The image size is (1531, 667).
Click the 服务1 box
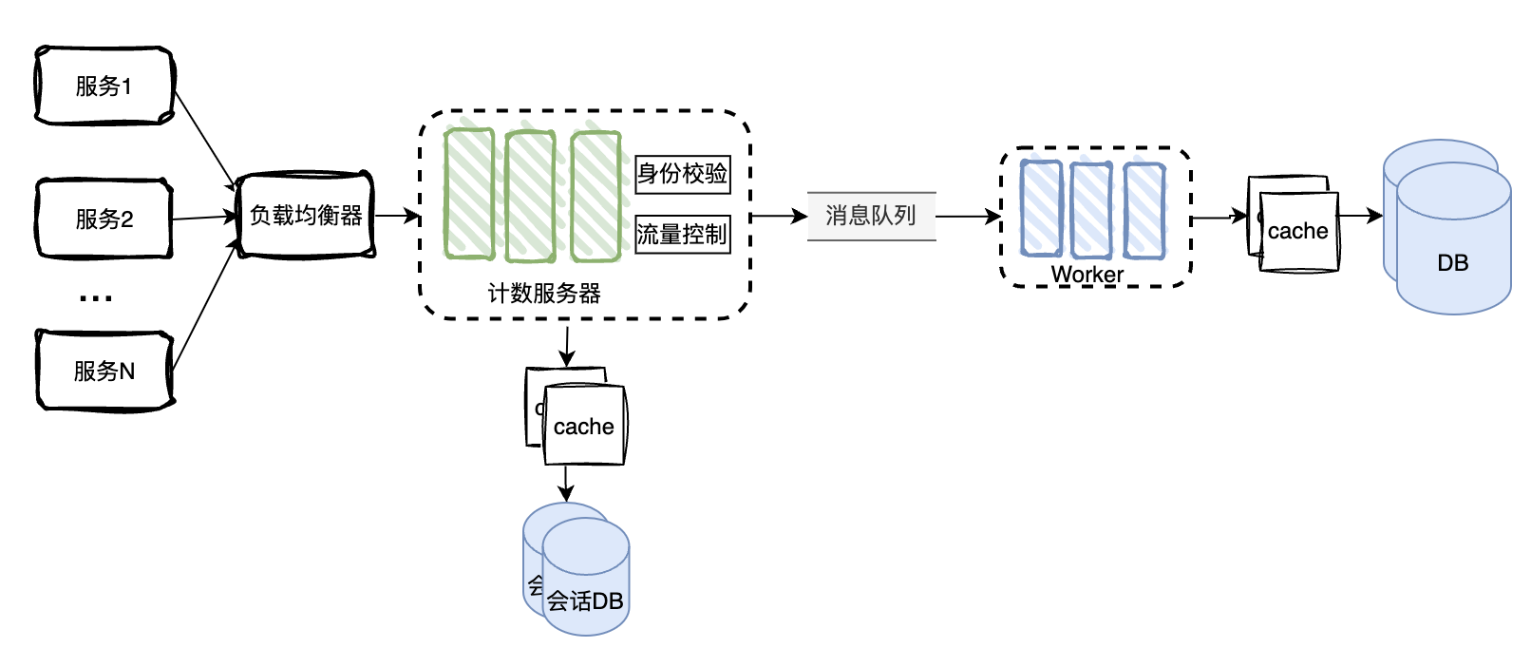coord(104,86)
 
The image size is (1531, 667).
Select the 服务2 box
coord(104,219)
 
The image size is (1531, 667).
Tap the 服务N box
coord(104,371)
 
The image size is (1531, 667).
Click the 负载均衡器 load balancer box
coord(306,216)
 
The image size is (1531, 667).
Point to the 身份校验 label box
coord(683,174)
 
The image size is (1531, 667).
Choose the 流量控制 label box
coord(683,234)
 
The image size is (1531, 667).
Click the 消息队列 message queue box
coord(871,216)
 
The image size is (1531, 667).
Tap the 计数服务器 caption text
coord(544,294)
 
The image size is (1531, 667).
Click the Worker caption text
coord(1087,275)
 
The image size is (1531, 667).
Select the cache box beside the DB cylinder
coord(1298,232)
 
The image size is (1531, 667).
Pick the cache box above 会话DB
coord(584,427)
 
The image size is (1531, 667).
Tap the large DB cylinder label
coord(1453,263)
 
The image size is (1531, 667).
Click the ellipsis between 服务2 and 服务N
coord(96,298)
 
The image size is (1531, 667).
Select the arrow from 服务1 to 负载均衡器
coord(204,139)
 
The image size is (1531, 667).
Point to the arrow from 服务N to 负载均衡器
coord(203,305)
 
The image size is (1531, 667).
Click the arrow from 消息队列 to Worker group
coord(968,217)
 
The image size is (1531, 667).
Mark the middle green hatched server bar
coord(530,196)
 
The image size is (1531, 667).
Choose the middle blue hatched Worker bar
coord(1090,210)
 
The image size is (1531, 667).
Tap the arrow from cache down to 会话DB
coord(566,483)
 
